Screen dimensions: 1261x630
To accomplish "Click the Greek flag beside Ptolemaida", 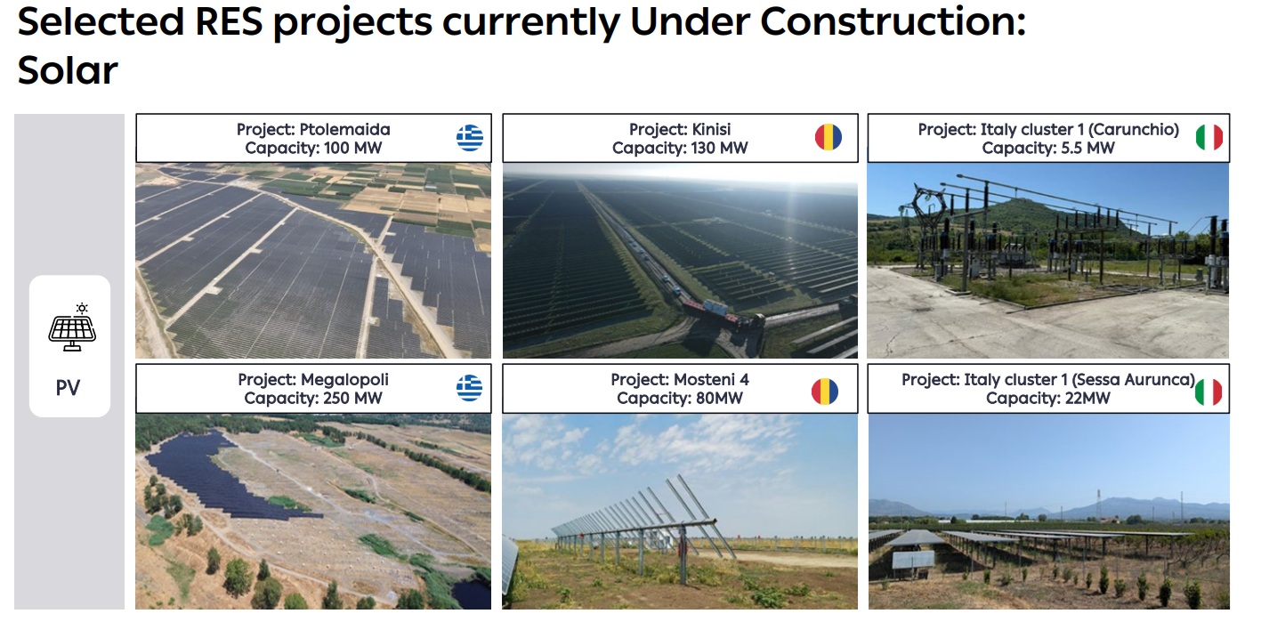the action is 470,138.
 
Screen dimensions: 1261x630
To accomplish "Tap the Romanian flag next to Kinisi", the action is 829,137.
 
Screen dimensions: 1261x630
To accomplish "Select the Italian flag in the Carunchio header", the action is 1209,137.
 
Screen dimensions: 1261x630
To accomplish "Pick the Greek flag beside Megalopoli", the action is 470,388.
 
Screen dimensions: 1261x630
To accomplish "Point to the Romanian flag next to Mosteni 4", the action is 825,392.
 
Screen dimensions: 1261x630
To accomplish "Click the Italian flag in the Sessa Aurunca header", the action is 1208,392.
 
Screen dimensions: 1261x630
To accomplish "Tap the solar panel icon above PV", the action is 72,327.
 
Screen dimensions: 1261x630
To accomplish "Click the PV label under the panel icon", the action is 69,388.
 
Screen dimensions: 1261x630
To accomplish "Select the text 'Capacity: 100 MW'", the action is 313,148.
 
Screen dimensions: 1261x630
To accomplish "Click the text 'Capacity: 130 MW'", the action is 680,148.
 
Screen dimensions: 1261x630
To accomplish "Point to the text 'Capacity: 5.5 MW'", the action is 1048,148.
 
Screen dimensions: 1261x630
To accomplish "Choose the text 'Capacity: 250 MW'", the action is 313,398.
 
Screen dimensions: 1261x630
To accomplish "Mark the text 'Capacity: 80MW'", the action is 680,398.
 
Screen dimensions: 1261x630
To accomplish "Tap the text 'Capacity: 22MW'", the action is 1048,398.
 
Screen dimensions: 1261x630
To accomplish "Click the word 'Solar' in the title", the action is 68,70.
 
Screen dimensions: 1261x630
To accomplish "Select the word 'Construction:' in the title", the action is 893,22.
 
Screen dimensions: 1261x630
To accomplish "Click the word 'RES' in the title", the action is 229,22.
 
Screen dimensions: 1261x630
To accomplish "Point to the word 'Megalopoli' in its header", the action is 344,380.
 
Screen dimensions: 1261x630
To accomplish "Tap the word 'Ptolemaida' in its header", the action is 344,130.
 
